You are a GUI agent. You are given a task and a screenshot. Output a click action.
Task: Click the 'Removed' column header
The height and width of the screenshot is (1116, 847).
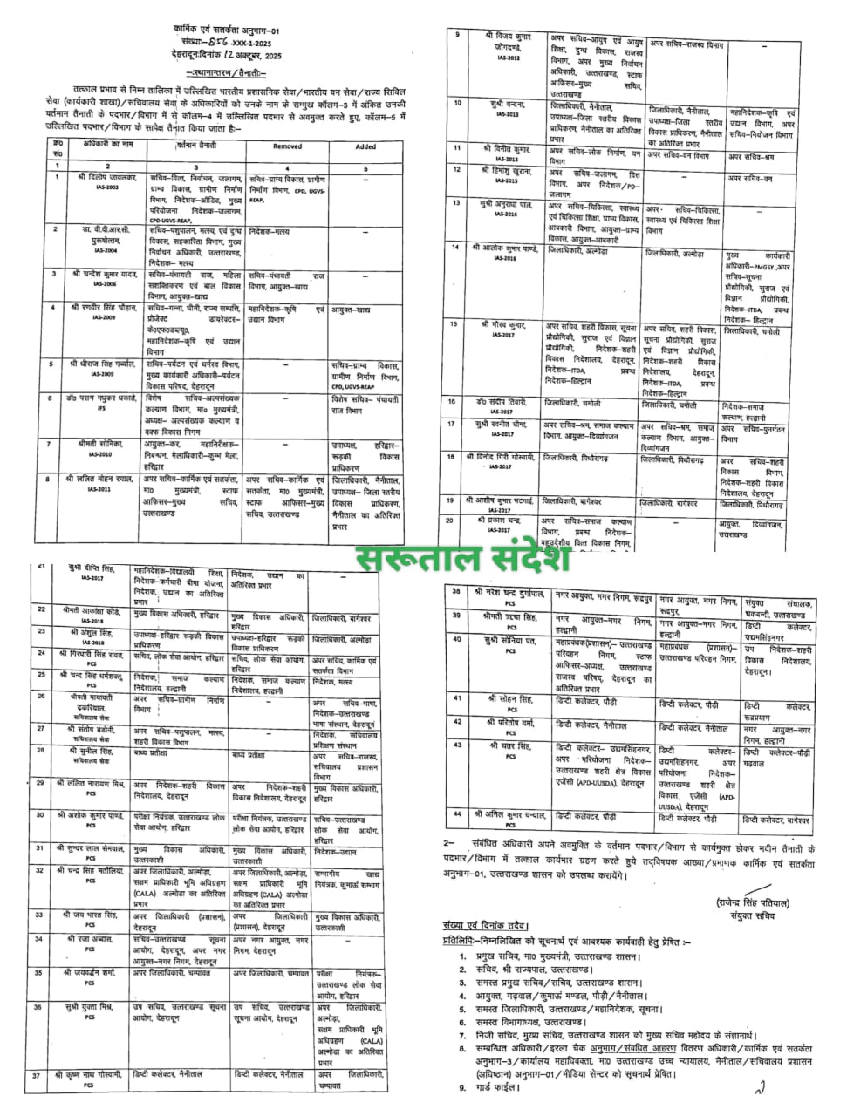287,146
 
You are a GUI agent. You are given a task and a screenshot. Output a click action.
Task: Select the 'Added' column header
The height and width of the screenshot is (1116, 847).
366,146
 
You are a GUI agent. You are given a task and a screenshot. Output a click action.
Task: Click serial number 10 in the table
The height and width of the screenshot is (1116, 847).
456,103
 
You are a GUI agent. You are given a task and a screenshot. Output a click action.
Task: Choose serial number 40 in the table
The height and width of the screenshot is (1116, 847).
455,639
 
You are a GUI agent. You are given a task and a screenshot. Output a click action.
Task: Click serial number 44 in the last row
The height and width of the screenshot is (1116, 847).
455,813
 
